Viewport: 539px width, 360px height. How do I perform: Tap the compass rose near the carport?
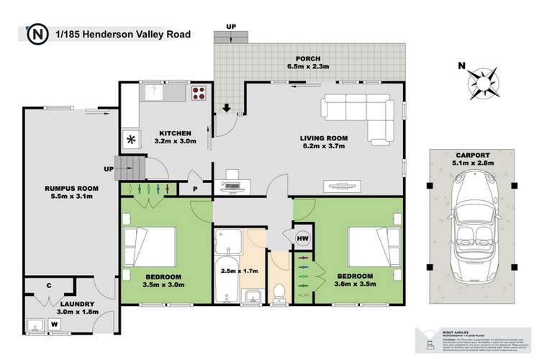(483, 83)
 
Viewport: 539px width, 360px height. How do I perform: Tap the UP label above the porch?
(231, 27)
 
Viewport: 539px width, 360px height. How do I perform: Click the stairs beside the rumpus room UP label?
(130, 170)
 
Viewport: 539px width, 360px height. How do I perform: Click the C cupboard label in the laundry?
(49, 285)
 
